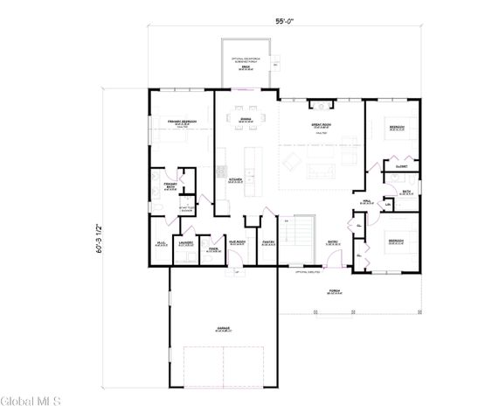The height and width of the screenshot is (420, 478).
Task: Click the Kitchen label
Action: coord(235,179)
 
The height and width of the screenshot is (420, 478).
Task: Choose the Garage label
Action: coord(223,329)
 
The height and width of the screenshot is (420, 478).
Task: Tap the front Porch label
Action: coord(334,292)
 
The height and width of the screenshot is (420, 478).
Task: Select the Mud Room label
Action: coord(236,243)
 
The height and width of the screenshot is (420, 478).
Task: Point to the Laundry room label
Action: coord(184,244)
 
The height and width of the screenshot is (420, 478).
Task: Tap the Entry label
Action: coord(333,244)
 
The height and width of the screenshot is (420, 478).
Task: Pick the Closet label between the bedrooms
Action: coord(403,165)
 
